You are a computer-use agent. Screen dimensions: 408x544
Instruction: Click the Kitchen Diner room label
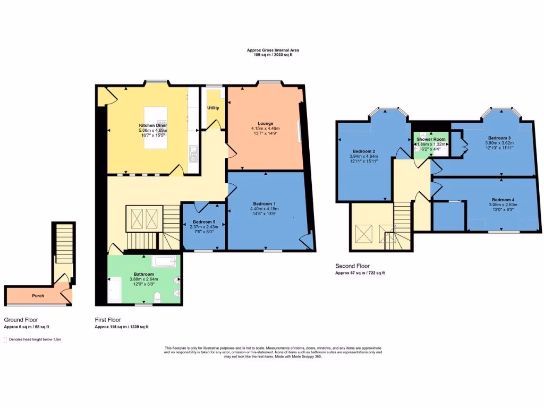[x=152, y=125]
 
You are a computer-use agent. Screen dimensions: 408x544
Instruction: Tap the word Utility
[x=213, y=108]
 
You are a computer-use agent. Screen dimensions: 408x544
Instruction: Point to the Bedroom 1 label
[x=264, y=204]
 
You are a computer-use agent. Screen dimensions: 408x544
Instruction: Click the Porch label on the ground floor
[x=38, y=295]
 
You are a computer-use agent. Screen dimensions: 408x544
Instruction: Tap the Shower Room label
[x=431, y=139]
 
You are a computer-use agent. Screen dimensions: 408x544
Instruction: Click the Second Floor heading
[x=352, y=266]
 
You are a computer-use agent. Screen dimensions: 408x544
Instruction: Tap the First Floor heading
[x=107, y=320]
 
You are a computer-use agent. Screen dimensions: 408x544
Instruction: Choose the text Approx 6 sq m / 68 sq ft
[x=27, y=327]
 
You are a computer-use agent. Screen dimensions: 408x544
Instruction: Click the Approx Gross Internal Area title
[x=273, y=50]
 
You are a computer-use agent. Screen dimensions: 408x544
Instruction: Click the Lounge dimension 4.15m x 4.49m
[x=265, y=129]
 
